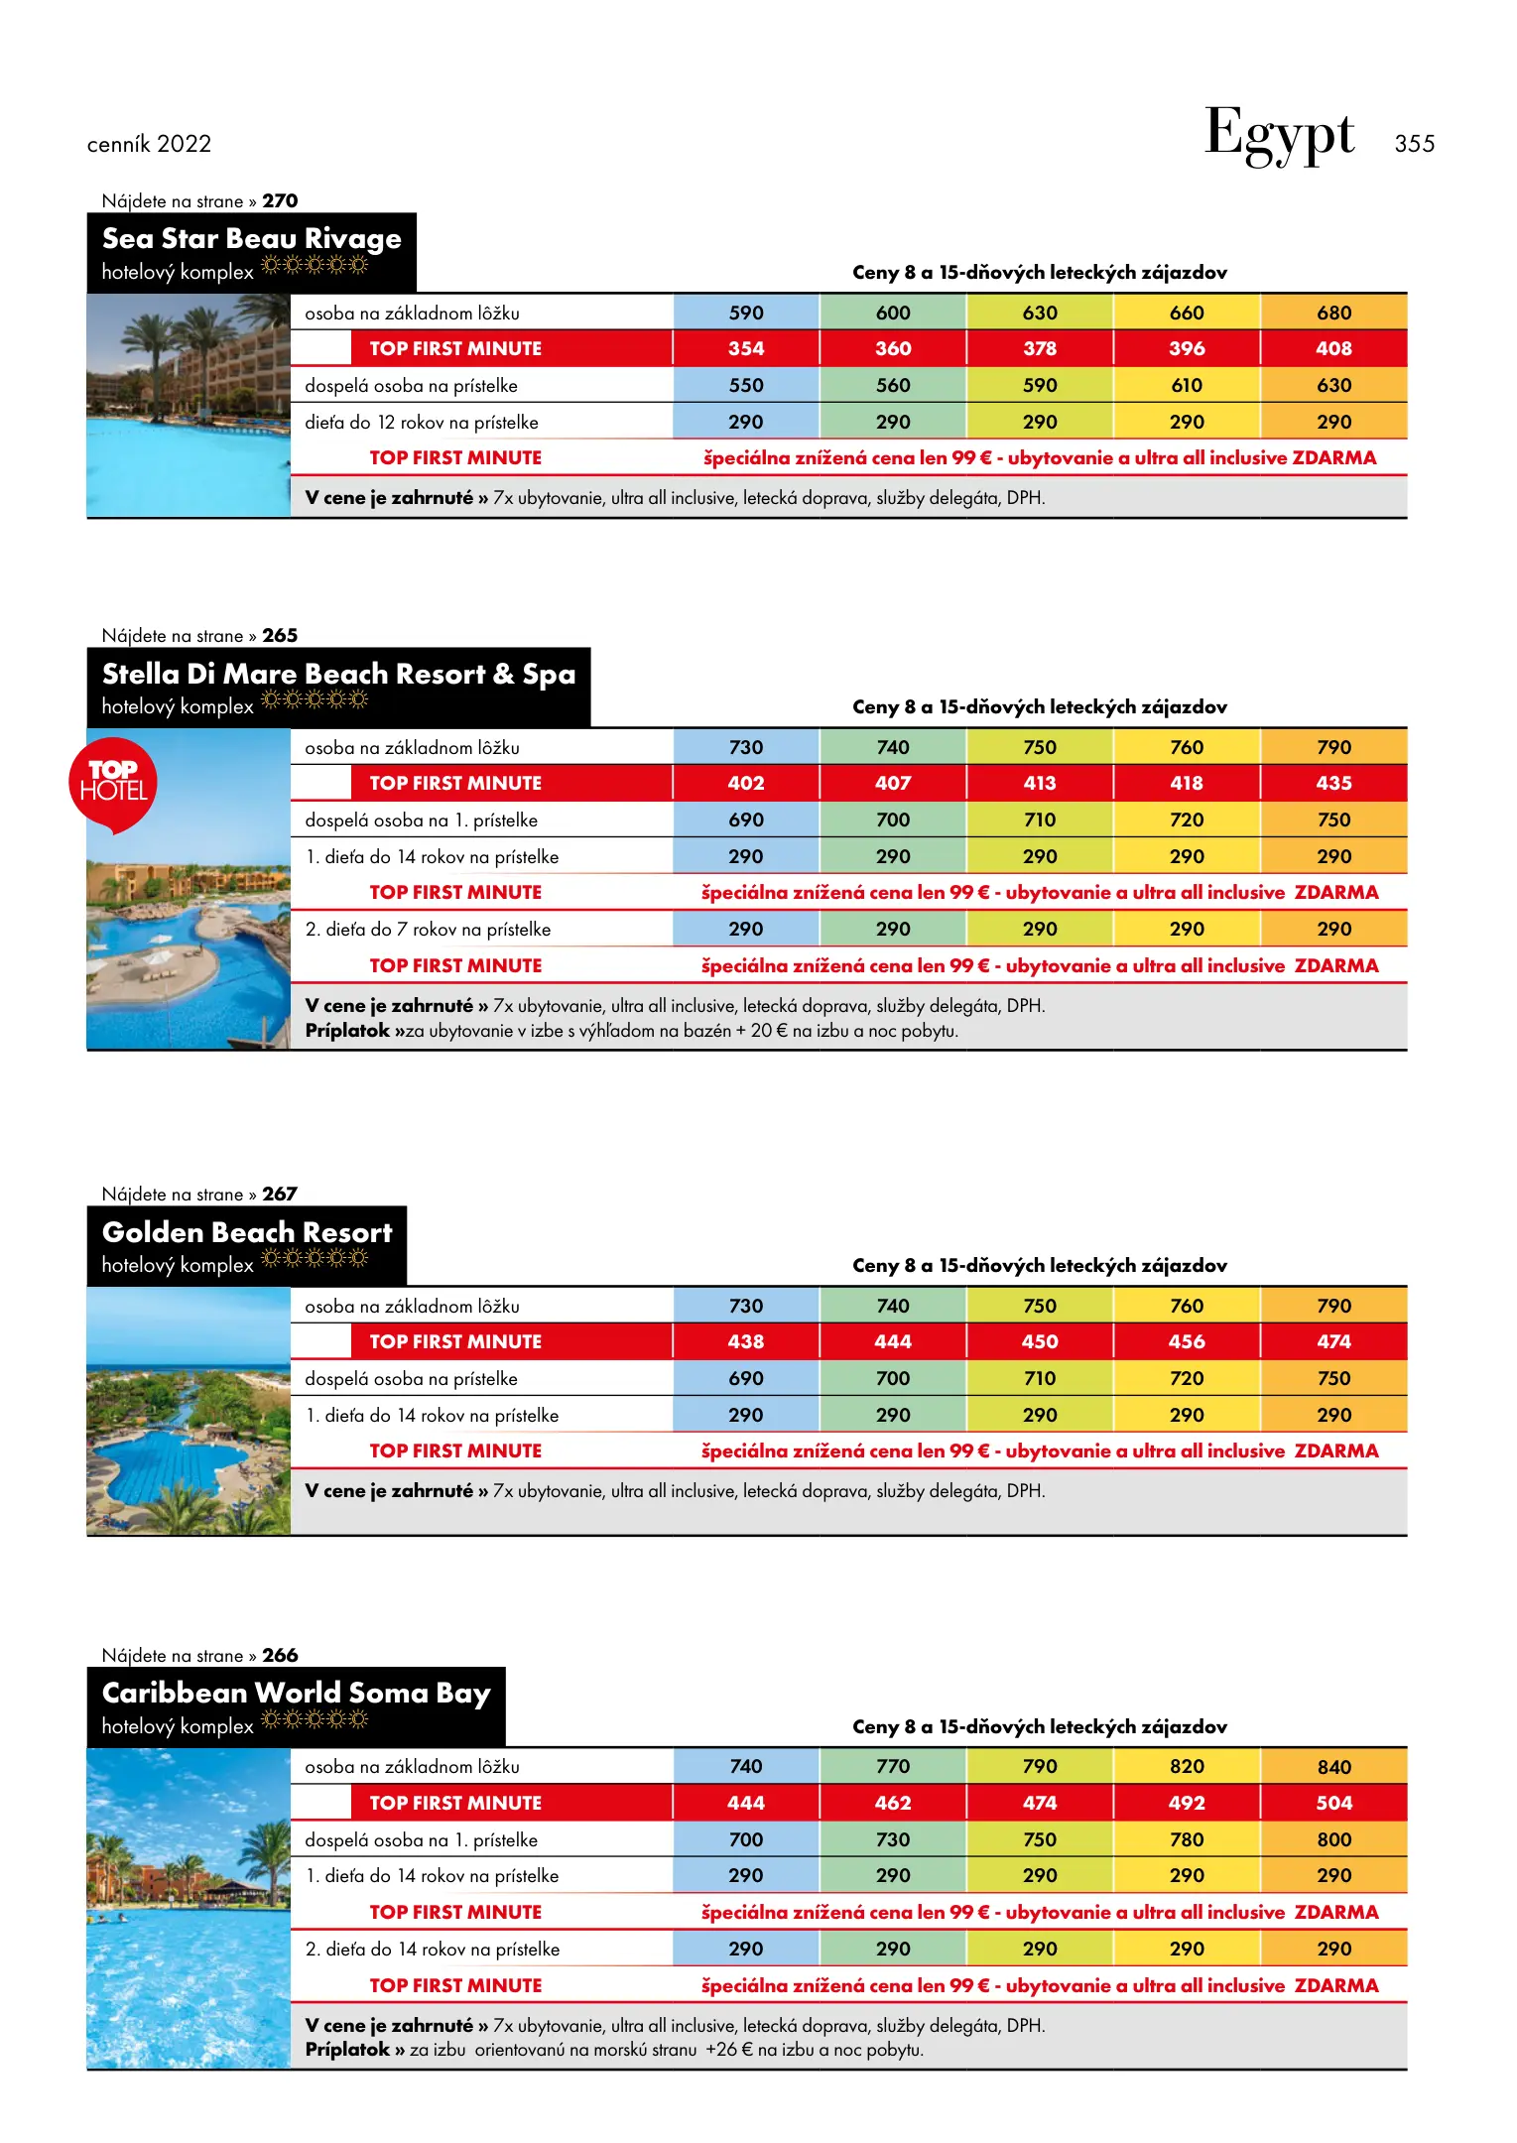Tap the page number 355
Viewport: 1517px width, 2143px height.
(1414, 144)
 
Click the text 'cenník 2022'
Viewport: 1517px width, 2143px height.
(149, 144)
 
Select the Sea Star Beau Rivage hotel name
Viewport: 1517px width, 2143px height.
(251, 239)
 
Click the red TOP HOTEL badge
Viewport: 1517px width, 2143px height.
(113, 783)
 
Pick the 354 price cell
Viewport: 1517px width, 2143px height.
(746, 348)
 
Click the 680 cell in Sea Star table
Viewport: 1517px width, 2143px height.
(1333, 313)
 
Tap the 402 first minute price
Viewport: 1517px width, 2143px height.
(746, 783)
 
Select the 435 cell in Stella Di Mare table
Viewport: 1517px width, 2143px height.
(1333, 783)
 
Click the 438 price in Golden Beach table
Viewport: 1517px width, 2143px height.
(746, 1341)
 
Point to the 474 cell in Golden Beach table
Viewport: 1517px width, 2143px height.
(1333, 1341)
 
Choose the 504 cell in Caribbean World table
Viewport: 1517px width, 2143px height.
(1333, 1803)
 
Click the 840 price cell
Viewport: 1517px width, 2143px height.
(1333, 1767)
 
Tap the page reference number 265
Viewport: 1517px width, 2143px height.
(280, 635)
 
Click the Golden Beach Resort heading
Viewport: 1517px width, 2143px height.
(247, 1232)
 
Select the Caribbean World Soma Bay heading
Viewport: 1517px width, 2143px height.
(296, 1693)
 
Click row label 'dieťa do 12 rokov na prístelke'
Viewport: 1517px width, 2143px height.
(422, 423)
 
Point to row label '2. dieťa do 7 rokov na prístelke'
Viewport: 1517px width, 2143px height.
(428, 930)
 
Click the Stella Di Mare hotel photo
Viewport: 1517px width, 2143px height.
(189, 933)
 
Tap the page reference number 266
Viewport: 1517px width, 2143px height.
(280, 1655)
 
